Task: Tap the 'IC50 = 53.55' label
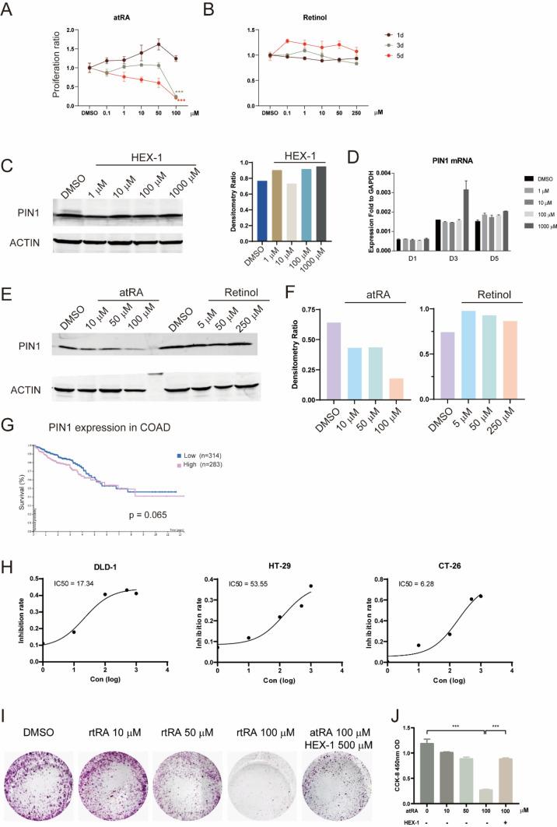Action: pyautogui.click(x=229, y=581)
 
